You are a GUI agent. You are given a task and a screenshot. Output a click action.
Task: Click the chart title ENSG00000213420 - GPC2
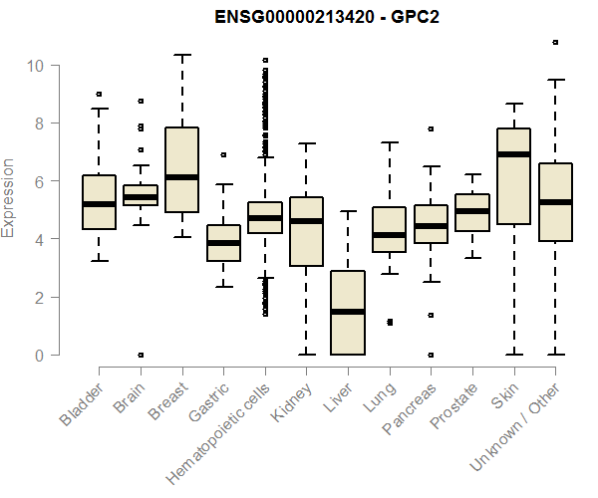(327, 18)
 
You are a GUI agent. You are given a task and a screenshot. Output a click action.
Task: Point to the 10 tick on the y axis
(37, 66)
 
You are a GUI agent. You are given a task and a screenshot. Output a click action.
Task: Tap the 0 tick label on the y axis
(38, 356)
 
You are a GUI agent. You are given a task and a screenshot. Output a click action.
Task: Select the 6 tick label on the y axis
(38, 181)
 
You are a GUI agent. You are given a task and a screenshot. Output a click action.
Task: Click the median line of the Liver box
(348, 312)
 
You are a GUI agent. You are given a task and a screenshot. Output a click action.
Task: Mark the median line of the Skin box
(513, 154)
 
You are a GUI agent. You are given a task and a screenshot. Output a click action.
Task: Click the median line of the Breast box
(181, 177)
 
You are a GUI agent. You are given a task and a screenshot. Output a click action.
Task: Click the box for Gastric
(223, 243)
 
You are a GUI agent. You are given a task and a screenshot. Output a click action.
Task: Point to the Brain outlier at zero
(141, 355)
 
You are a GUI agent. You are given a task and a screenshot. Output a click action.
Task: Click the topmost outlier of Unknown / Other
(555, 43)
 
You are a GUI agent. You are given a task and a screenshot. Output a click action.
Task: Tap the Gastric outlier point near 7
(223, 155)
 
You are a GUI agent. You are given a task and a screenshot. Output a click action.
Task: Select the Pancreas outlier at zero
(431, 355)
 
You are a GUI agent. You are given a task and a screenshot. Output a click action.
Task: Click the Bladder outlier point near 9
(99, 95)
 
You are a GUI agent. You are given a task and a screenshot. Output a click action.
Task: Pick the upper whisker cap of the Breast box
(181, 55)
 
